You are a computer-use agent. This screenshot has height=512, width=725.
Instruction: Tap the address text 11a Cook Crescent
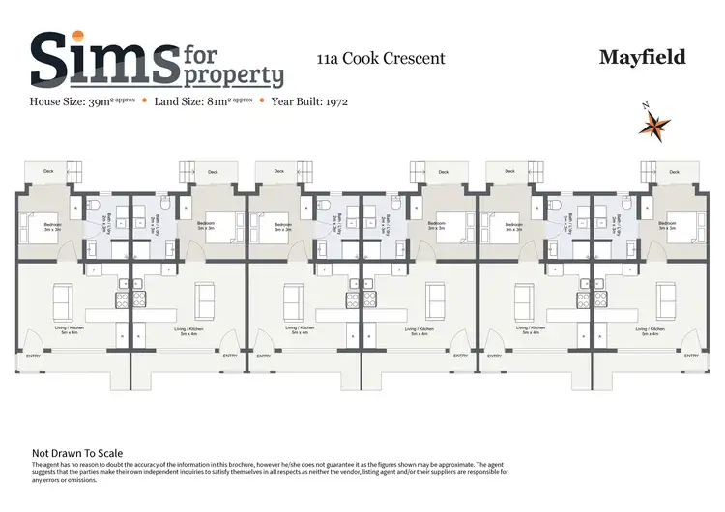tap(381, 58)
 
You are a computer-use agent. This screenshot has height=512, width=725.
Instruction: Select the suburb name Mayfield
tap(642, 57)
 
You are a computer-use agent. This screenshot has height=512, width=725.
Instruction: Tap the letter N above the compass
tap(644, 105)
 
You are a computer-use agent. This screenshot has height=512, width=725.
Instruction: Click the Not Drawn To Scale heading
tap(76, 452)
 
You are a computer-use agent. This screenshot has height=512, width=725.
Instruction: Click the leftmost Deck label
tap(47, 173)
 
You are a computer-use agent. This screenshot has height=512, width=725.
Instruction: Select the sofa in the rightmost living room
tap(665, 299)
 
